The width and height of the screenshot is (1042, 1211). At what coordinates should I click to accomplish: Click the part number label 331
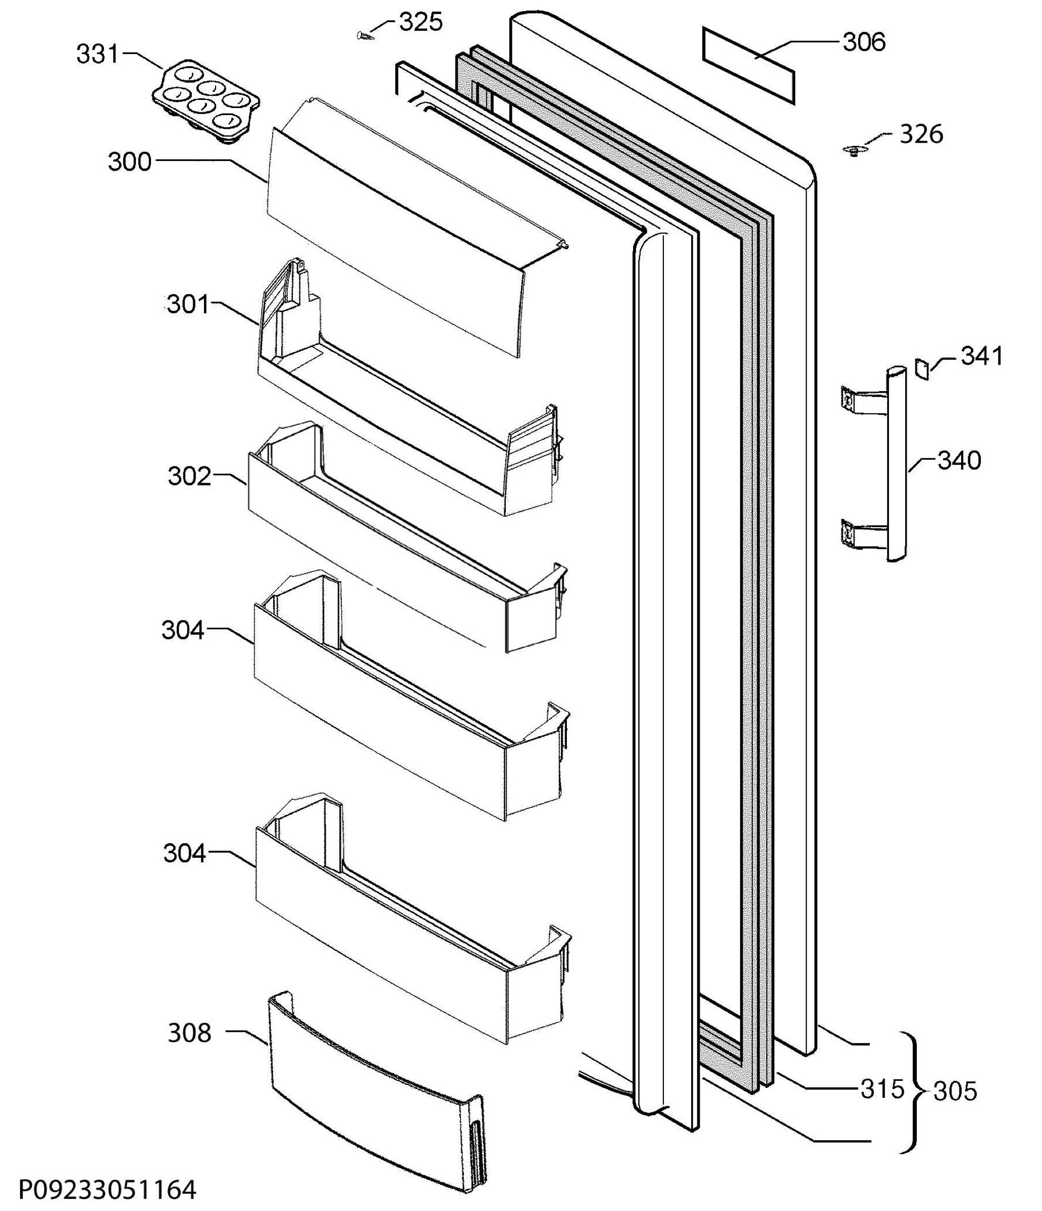97,54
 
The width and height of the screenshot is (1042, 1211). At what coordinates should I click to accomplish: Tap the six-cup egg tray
206,100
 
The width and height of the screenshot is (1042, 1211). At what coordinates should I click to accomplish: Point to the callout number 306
864,42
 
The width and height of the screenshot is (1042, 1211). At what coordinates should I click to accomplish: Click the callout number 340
960,461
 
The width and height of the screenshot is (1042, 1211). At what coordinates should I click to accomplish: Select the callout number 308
189,1033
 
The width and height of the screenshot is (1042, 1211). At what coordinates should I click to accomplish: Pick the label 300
130,162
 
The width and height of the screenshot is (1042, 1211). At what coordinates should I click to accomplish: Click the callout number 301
188,304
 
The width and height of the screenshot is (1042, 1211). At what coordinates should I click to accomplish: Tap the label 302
189,476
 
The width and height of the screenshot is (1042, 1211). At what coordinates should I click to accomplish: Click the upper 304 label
183,630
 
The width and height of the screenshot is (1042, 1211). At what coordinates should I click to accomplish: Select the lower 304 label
185,854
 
